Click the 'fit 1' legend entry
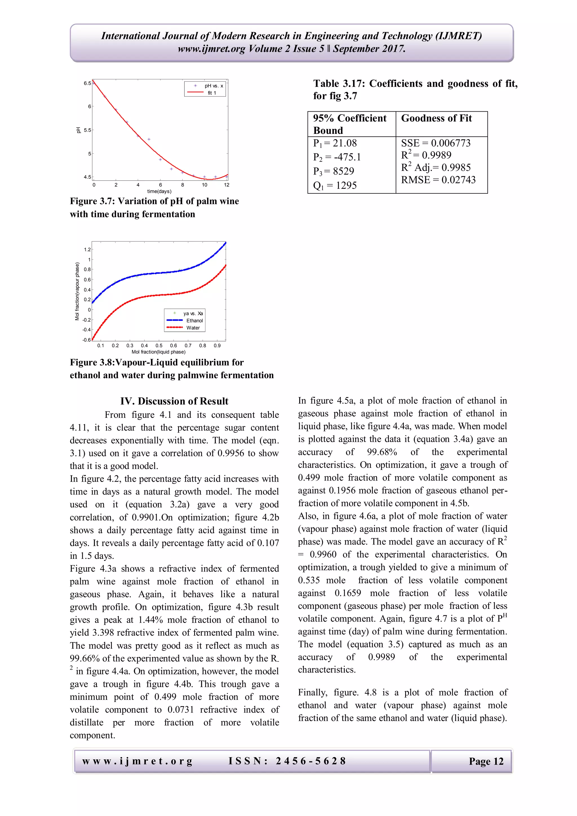(212, 93)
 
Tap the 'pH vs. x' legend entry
(214, 86)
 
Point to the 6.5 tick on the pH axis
(87, 83)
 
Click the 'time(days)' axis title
(159, 191)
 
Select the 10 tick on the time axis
(204, 185)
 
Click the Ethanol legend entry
(194, 320)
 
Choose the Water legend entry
(193, 328)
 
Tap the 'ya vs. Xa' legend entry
(193, 313)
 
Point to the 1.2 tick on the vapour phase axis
(87, 249)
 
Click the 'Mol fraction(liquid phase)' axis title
(158, 352)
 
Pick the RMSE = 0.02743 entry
(438, 180)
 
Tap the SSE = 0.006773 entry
(436, 143)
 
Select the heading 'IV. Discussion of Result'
(174, 401)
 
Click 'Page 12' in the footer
(486, 761)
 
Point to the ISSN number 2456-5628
(310, 761)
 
